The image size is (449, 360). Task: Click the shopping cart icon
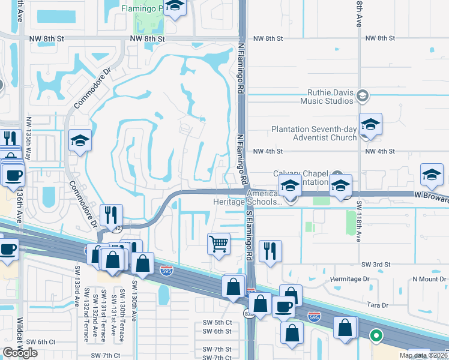coord(218,244)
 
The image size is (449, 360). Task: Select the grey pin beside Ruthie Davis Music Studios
coord(362,95)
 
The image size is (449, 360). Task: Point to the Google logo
coord(20,352)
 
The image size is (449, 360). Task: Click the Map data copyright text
coord(424,355)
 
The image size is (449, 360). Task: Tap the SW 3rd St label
coord(376,264)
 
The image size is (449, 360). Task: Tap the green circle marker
coord(376,336)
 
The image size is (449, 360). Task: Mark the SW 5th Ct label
coord(217,323)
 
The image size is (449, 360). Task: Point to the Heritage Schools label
coord(247,202)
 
